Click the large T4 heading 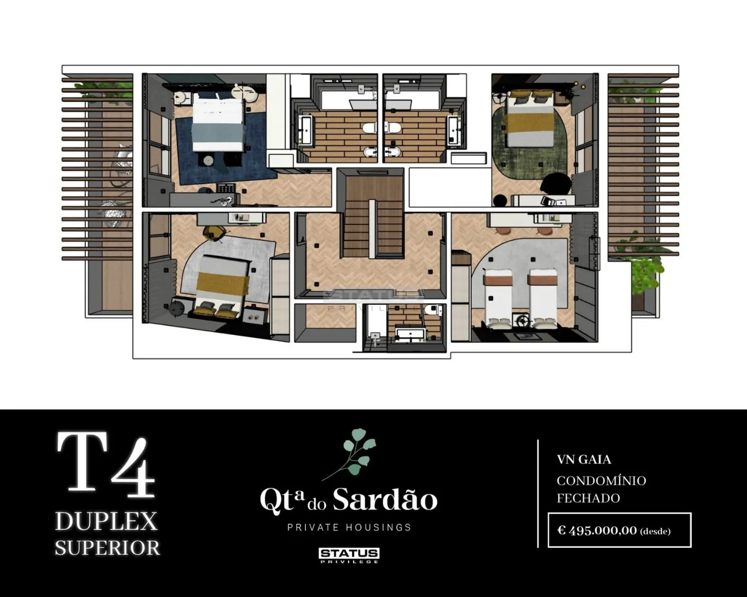pos(106,464)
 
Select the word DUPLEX pos(106,521)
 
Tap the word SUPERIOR pos(107,548)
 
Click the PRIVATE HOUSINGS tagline pos(349,527)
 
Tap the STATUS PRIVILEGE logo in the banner pos(349,556)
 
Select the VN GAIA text pos(584,459)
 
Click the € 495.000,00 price pos(598,531)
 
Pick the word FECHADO pos(589,498)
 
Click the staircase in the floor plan pos(371,217)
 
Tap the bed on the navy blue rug pos(217,123)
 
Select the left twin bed pos(498,298)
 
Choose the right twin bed pos(543,298)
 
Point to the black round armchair pos(556,184)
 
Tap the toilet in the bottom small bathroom pos(434,310)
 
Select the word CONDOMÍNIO pos(601,481)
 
